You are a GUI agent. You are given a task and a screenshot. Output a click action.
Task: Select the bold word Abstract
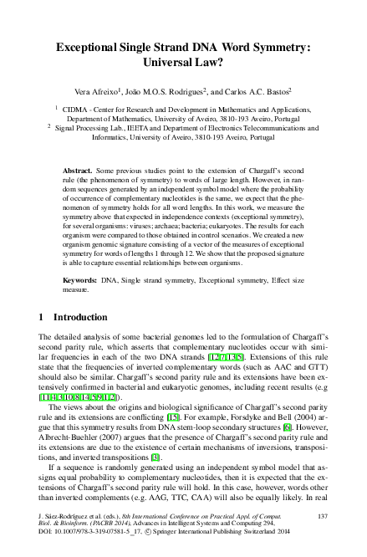(79, 171)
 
